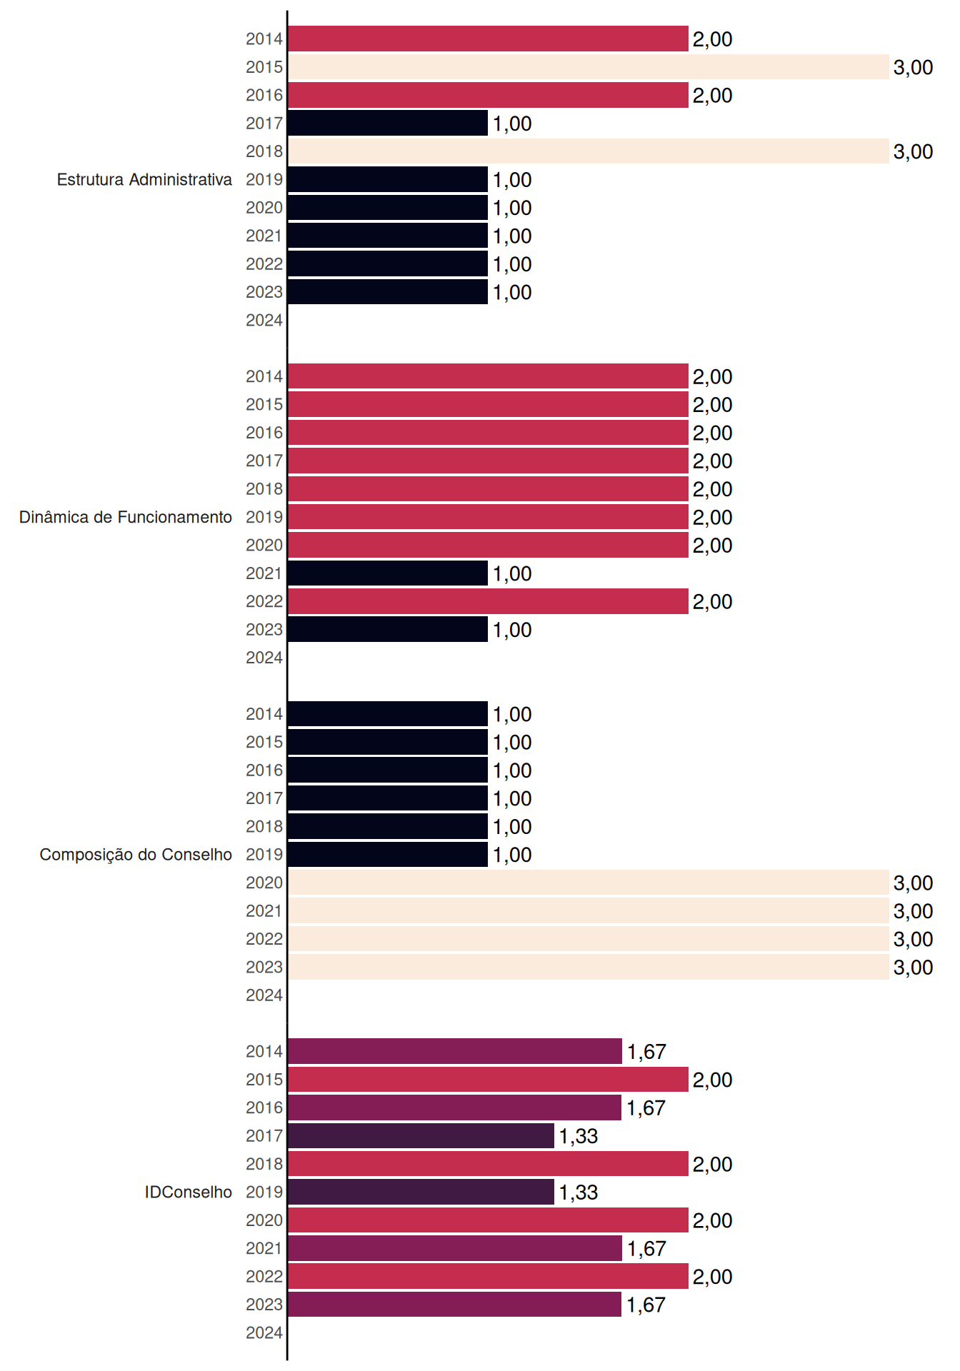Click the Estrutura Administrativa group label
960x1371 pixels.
pyautogui.click(x=144, y=179)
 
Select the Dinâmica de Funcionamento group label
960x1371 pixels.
pyautogui.click(x=126, y=517)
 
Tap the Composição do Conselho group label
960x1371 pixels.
pyautogui.click(x=136, y=855)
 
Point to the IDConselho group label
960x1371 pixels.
pyautogui.click(x=189, y=1192)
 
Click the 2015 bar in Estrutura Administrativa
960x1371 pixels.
pyautogui.click(x=588, y=67)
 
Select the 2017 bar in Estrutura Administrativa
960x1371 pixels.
pyautogui.click(x=388, y=123)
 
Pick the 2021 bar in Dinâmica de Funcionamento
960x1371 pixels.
pyautogui.click(x=388, y=573)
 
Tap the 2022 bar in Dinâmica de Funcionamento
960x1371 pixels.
pyautogui.click(x=488, y=601)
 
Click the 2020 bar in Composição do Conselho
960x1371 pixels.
pyautogui.click(x=588, y=883)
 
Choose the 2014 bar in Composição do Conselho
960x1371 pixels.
pyautogui.click(x=388, y=714)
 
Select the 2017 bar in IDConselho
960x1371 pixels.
pyautogui.click(x=421, y=1135)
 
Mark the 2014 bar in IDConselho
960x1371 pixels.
pyautogui.click(x=455, y=1051)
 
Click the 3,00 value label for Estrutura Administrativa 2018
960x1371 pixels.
pyautogui.click(x=913, y=151)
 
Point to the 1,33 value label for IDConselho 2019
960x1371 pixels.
pyautogui.click(x=578, y=1192)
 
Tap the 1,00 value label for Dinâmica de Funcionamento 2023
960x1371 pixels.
pyautogui.click(x=512, y=630)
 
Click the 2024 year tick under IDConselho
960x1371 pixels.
pyautogui.click(x=264, y=1332)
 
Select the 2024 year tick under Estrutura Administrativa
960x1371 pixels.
pyautogui.click(x=264, y=320)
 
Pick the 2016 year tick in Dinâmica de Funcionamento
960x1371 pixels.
pyautogui.click(x=264, y=433)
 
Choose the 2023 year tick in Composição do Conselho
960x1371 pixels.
pyautogui.click(x=264, y=967)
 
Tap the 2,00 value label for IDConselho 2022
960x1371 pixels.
pyautogui.click(x=712, y=1277)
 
